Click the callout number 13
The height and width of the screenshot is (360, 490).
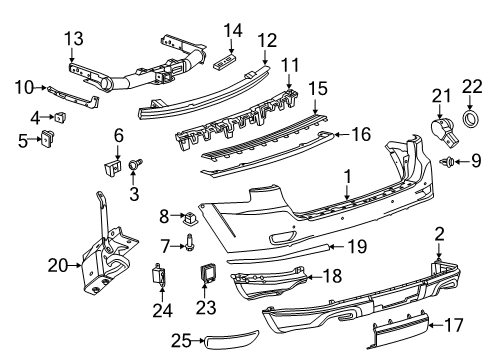74,38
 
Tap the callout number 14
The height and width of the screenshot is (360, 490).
233,30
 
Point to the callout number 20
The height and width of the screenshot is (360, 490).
58,265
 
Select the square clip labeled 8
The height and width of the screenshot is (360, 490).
190,214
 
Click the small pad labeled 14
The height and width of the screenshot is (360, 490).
229,61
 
